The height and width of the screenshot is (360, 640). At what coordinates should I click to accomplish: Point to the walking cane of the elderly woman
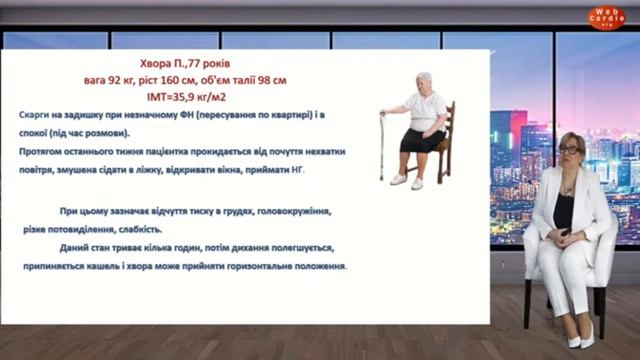382,144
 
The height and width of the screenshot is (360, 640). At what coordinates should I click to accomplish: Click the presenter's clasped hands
565,236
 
